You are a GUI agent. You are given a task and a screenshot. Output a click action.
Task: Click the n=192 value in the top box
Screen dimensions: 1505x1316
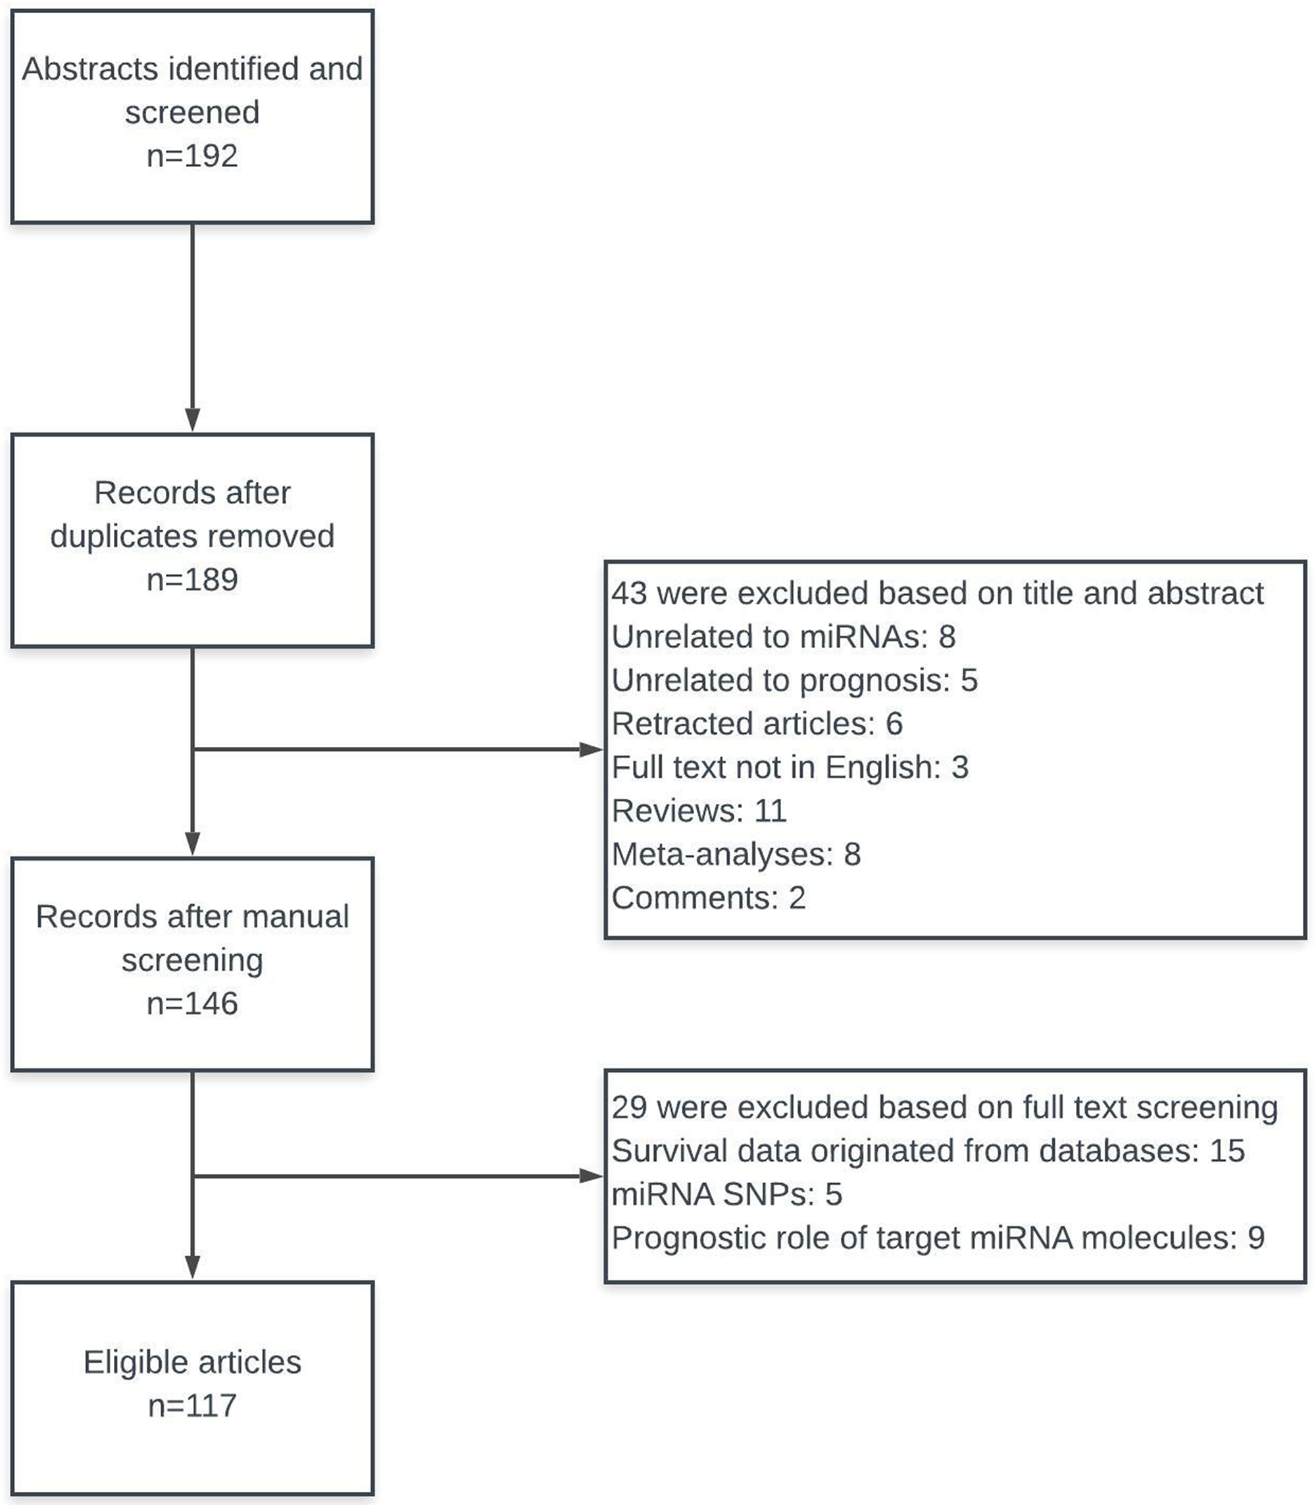[x=192, y=157]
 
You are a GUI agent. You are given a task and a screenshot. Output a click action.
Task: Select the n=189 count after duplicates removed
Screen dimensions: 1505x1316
[x=192, y=580]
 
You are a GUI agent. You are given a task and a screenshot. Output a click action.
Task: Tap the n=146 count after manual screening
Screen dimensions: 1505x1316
[x=192, y=1004]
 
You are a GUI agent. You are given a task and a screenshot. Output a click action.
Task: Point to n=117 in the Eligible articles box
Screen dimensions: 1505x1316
[x=192, y=1406]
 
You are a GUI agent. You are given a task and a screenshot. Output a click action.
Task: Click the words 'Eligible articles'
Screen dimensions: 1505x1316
[x=192, y=1362]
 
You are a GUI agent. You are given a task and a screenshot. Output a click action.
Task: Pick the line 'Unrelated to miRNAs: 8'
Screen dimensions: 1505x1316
[x=784, y=637]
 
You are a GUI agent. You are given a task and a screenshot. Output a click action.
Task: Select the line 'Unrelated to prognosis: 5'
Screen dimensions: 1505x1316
[x=795, y=680]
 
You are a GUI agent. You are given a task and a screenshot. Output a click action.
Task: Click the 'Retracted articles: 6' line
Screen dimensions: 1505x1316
[x=757, y=723]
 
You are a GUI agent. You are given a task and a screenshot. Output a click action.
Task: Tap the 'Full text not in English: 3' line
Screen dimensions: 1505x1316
[x=790, y=767]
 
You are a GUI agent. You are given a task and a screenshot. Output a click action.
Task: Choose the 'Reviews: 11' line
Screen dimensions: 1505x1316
[x=699, y=811]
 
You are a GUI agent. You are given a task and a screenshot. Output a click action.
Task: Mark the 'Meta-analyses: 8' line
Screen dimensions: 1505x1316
[x=736, y=854]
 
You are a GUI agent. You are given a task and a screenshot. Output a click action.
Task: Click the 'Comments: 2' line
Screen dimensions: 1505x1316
[x=709, y=898]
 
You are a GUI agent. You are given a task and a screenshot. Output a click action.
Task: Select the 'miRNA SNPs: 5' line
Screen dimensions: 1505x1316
[x=726, y=1194]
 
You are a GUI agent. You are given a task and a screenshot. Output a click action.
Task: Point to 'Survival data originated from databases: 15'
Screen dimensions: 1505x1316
[x=928, y=1151]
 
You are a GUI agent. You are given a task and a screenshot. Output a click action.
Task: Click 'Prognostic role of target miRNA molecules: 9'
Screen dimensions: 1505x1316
[x=938, y=1238]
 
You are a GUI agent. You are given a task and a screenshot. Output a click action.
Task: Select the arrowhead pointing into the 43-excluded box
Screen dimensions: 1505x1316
[x=592, y=749]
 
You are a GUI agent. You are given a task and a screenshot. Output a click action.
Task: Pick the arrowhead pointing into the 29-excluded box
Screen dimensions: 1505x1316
[x=592, y=1176]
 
